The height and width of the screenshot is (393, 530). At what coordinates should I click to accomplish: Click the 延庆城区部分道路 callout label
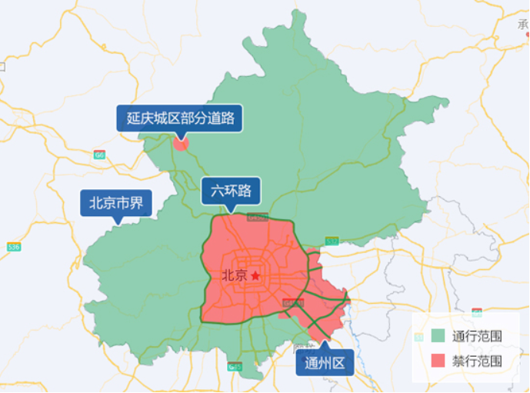point(180,118)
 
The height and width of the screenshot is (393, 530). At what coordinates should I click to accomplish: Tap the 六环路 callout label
point(231,191)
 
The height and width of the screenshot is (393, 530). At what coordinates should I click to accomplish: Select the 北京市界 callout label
point(116,204)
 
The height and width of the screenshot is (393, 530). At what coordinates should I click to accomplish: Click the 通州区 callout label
point(325,362)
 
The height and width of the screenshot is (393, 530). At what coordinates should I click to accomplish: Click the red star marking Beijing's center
point(255,275)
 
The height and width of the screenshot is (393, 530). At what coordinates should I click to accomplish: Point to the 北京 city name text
point(234,275)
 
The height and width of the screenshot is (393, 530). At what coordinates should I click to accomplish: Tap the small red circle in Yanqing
point(181,142)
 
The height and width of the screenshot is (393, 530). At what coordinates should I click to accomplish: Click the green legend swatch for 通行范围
point(438,336)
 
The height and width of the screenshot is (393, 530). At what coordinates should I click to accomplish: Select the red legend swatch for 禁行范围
point(438,360)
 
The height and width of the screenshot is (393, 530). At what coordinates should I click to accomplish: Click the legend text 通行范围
point(478,336)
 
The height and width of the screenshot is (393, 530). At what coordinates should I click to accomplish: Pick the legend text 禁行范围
point(478,360)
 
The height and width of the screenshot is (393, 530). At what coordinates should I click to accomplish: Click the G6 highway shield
point(99,155)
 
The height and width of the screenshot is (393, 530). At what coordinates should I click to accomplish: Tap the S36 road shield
point(13,247)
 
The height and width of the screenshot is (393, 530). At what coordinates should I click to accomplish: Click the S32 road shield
point(332,241)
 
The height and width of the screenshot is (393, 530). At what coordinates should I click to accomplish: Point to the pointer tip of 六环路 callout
point(231,211)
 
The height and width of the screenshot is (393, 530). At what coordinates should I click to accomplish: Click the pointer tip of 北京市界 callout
point(117,223)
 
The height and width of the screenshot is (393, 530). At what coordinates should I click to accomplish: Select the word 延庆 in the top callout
point(139,118)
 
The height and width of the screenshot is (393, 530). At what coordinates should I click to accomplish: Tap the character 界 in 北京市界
point(137,204)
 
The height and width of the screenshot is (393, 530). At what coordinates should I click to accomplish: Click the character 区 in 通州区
point(339,362)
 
